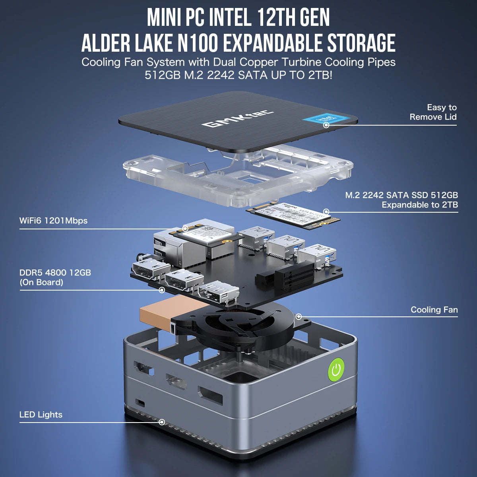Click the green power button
336,369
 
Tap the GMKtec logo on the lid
237,118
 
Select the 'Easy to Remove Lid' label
433,112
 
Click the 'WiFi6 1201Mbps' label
53,221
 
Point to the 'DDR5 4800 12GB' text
55,273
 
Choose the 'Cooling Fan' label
434,310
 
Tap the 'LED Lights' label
41,415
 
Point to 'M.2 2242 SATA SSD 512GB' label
401,195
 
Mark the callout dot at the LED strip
162,422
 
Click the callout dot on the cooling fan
299,317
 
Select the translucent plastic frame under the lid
238,171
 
